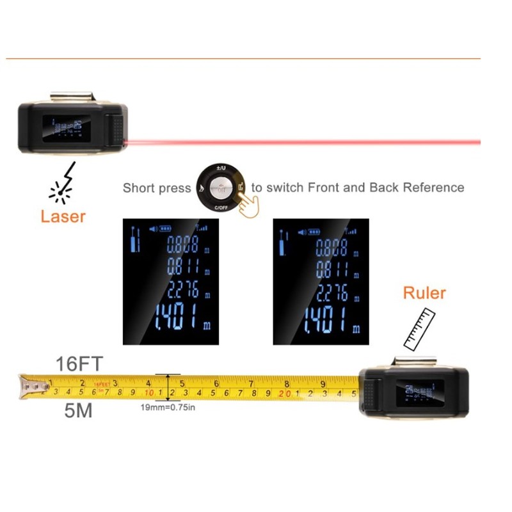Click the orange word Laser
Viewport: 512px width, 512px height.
[x=63, y=216]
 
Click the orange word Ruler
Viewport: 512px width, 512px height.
[x=424, y=293]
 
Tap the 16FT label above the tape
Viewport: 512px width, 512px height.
[x=78, y=365]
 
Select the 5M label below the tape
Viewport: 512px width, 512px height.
[x=78, y=411]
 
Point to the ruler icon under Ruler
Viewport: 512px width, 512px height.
[x=419, y=328]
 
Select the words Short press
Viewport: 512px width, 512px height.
[x=157, y=188]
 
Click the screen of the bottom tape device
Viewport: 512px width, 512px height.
[x=419, y=392]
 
